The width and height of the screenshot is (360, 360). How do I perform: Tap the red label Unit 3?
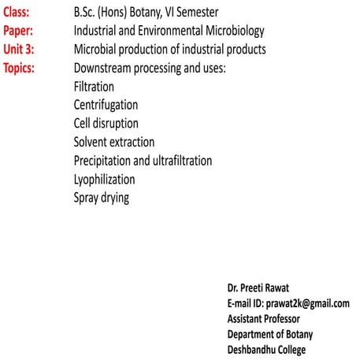(20, 50)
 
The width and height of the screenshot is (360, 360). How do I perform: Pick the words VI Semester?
(192, 13)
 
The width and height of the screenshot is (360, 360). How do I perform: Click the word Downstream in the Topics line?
(106, 69)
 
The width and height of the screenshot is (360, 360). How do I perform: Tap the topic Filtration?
(93, 87)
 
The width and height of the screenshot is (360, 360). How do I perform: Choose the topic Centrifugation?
(106, 105)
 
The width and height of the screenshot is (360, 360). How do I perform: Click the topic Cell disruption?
(106, 124)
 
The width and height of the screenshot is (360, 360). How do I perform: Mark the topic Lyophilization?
(105, 179)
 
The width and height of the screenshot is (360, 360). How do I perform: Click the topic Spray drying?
(101, 198)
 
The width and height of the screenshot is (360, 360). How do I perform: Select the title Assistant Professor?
(263, 319)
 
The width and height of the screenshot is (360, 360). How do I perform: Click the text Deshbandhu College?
(265, 351)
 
